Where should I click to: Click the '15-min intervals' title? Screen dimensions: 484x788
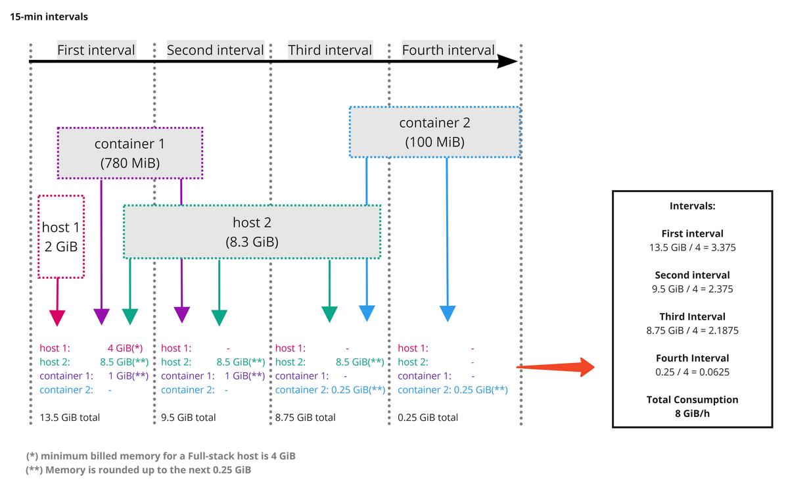(x=49, y=16)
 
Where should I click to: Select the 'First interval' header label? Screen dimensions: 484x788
(x=96, y=50)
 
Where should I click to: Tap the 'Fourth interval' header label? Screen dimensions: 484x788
(x=448, y=50)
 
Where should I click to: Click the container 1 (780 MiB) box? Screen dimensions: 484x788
(x=130, y=153)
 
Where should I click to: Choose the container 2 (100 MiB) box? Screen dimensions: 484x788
(x=434, y=132)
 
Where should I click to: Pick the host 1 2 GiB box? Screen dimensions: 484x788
(x=61, y=237)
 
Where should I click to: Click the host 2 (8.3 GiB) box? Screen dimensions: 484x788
(x=252, y=232)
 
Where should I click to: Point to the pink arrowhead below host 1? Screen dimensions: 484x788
(x=58, y=317)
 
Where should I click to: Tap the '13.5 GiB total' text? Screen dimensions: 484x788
(x=70, y=417)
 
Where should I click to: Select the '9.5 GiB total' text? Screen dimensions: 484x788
(x=189, y=417)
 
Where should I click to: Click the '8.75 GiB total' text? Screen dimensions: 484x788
(x=306, y=417)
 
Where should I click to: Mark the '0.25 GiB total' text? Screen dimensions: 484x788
(x=428, y=417)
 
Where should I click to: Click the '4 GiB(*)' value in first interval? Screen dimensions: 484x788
(x=129, y=348)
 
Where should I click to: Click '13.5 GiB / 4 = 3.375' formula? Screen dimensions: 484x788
(x=692, y=247)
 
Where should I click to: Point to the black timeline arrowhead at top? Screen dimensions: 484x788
(x=507, y=62)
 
